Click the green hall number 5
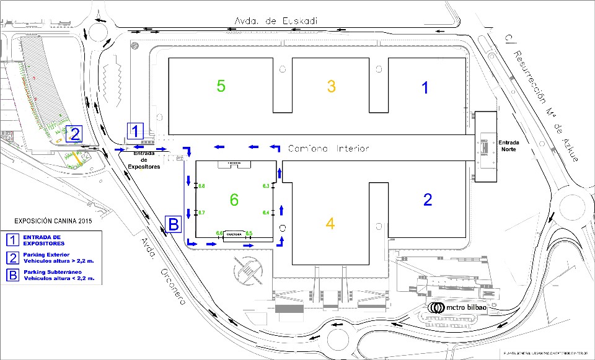(221, 86)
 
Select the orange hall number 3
(331, 86)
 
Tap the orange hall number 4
(330, 223)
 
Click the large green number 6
(234, 200)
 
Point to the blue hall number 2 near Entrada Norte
(427, 200)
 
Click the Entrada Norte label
(510, 146)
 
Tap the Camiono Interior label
(328, 149)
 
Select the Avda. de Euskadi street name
(276, 21)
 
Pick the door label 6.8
(201, 186)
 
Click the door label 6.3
(266, 186)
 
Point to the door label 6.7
(201, 213)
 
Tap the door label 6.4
(266, 213)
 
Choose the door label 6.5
(249, 233)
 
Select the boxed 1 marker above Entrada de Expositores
(135, 131)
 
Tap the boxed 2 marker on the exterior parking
(75, 134)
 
